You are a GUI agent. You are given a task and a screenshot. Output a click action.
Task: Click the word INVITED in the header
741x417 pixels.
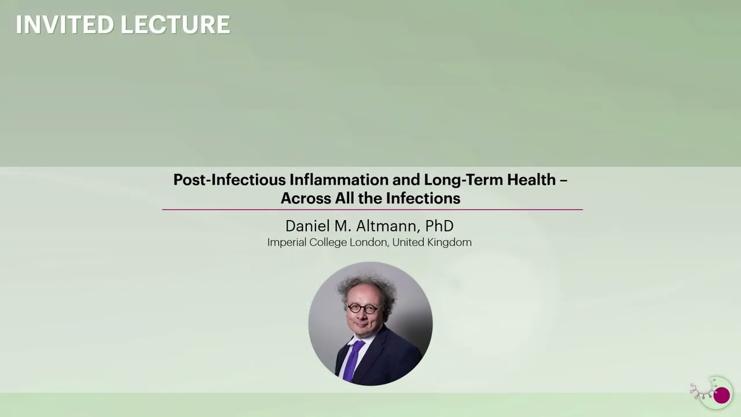65,25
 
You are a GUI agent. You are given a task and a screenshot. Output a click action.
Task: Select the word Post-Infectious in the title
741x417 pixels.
229,180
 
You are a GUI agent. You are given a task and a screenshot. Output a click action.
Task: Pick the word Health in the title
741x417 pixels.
531,180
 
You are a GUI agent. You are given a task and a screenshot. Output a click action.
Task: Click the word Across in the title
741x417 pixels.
306,198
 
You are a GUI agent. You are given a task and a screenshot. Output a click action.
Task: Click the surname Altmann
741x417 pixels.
384,225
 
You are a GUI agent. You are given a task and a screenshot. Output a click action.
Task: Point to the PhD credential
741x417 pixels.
439,225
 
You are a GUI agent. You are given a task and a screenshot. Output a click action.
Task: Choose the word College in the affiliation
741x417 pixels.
328,242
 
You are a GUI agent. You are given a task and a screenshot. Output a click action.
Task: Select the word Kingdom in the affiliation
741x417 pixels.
449,242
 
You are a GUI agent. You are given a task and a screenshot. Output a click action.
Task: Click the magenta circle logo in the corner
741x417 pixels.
721,396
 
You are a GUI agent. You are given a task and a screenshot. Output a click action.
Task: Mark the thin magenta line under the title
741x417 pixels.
372,209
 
